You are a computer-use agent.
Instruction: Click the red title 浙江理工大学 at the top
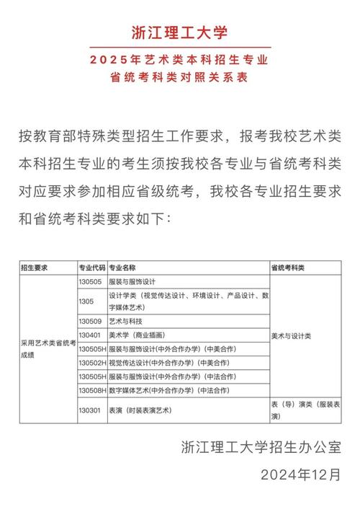pos(179,32)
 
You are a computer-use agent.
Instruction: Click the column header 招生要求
pos(35,268)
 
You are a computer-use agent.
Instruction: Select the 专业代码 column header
pos(92,268)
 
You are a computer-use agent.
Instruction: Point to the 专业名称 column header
pos(126,268)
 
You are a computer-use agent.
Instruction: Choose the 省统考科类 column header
pos(288,268)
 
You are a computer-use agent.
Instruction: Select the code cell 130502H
pos(92,363)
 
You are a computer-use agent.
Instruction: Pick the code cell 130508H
pos(92,390)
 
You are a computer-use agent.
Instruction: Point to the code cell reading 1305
pos(86,301)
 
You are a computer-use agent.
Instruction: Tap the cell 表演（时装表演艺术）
pos(144,410)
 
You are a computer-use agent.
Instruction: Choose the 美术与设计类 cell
pos(291,335)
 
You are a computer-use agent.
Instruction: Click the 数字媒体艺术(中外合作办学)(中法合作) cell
pos(169,390)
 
